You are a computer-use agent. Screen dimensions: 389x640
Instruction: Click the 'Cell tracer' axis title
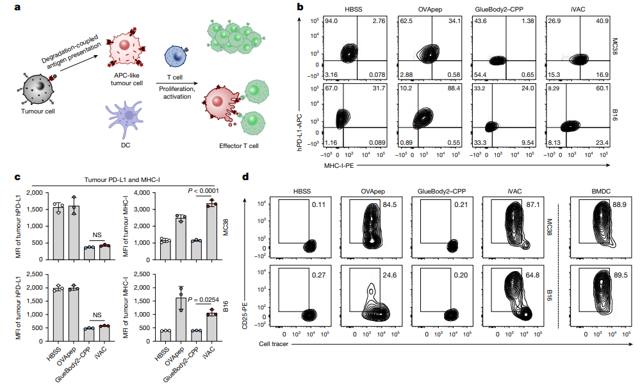(x=263, y=344)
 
